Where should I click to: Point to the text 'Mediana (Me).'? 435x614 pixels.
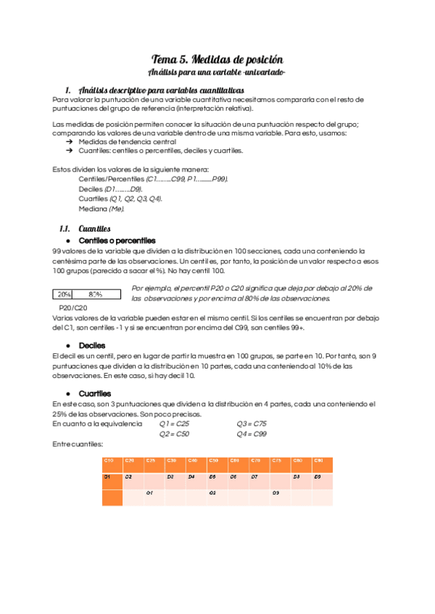point(101,209)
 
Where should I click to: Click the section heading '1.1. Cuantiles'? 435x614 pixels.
point(85,227)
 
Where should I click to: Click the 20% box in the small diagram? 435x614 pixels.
point(65,295)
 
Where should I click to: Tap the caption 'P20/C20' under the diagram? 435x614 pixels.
point(72,307)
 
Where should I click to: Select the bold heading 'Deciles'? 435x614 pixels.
point(92,345)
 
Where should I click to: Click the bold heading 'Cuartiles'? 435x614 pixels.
point(95,393)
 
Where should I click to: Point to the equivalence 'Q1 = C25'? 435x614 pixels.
point(175,424)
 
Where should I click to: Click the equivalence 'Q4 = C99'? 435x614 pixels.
point(252,434)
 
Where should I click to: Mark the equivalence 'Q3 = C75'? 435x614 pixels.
point(252,424)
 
